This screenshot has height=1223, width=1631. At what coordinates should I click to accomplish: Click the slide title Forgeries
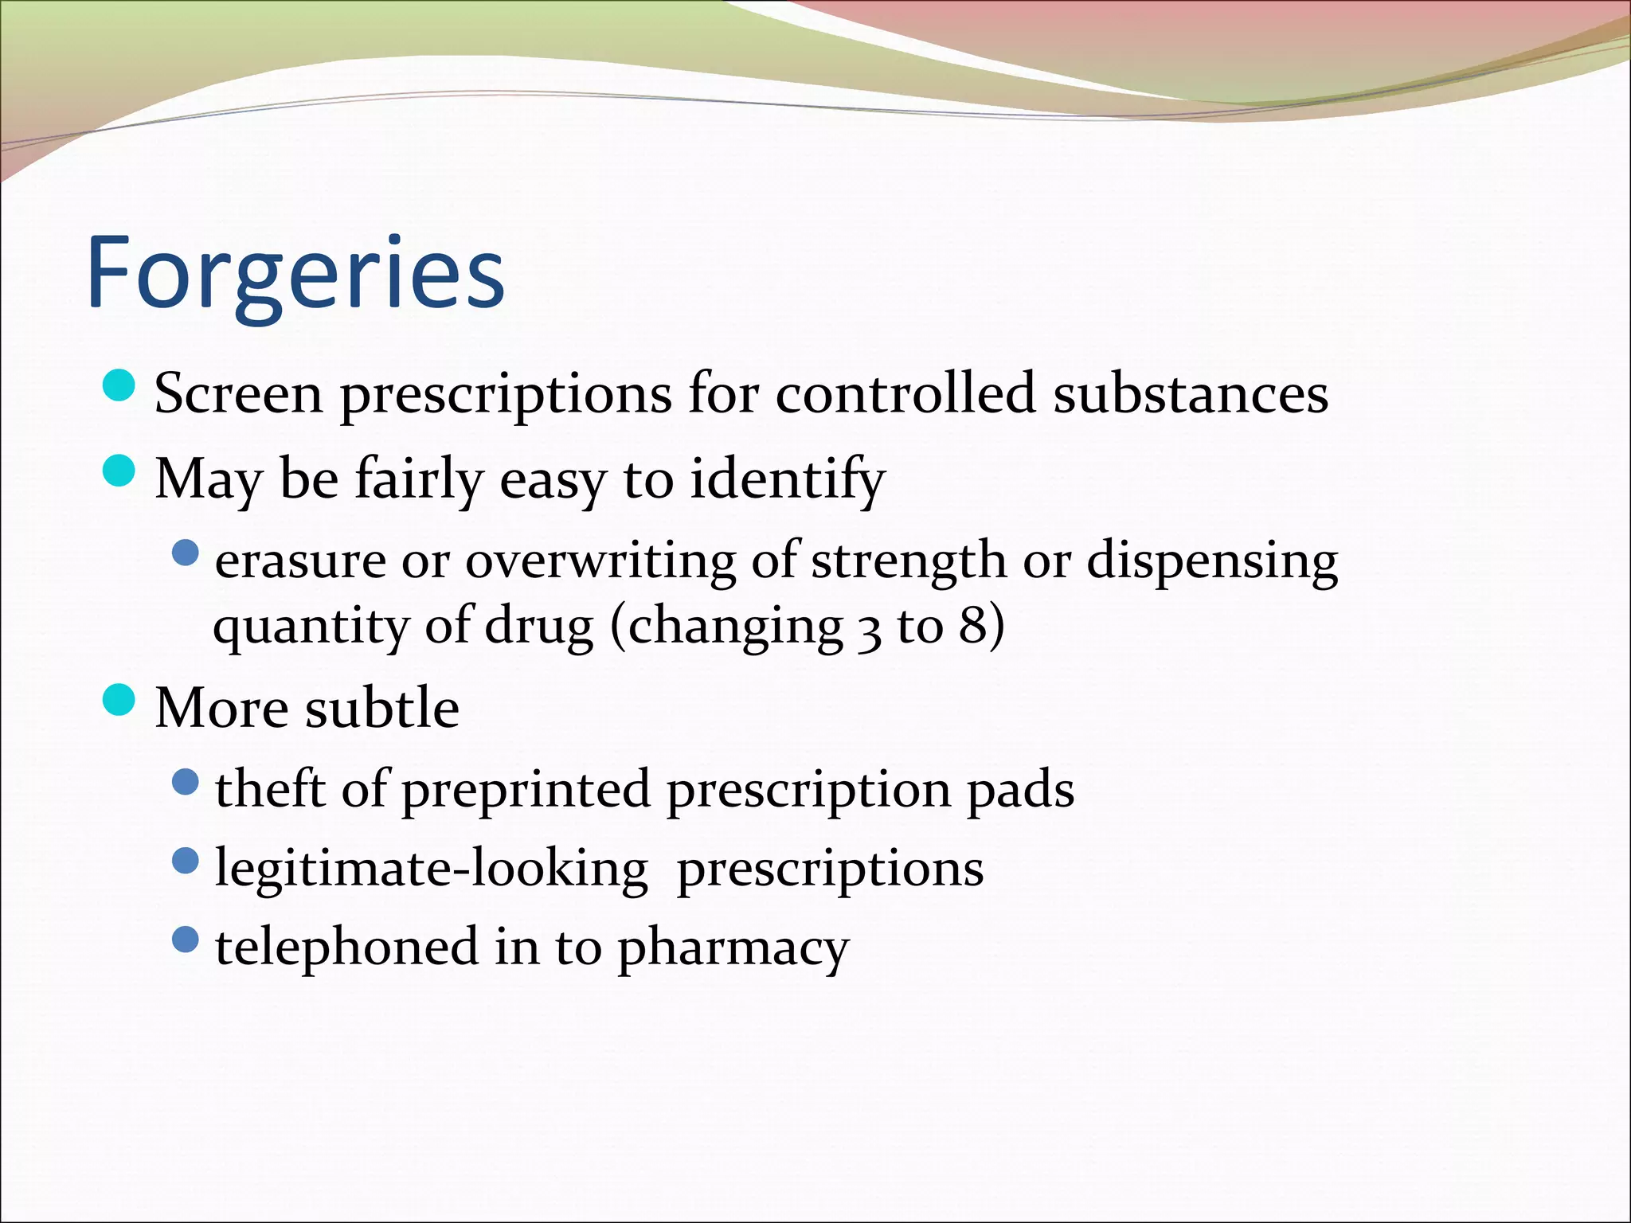[x=295, y=273]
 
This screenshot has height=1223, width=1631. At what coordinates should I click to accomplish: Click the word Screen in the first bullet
[x=238, y=393]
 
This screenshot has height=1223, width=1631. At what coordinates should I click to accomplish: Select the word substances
[x=1191, y=393]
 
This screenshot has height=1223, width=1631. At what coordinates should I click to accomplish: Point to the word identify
[x=787, y=479]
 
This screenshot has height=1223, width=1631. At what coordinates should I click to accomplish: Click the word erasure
[x=300, y=561]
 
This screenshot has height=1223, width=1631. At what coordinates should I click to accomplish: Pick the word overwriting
[x=600, y=561]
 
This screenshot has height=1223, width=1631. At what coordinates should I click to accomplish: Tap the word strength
[x=909, y=561]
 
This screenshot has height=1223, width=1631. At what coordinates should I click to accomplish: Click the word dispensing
[x=1212, y=561]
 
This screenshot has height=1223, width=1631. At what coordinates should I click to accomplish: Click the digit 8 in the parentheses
[x=973, y=626]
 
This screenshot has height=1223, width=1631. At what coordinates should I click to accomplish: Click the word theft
[x=270, y=789]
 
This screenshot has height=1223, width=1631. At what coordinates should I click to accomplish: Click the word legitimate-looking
[x=431, y=869]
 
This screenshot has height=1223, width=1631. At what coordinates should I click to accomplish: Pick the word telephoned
[x=346, y=948]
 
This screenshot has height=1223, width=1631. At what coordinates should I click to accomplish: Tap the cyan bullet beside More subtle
[x=120, y=700]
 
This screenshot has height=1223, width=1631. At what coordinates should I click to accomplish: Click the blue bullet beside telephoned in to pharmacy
[x=185, y=940]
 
